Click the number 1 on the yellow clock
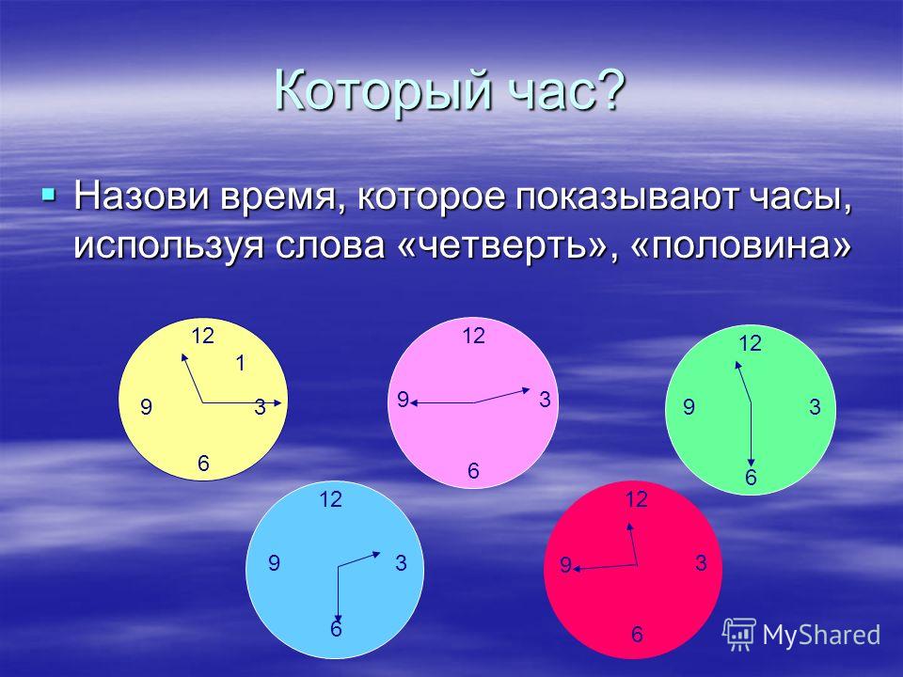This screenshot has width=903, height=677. pos(241,363)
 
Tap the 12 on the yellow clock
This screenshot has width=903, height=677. pos(203,336)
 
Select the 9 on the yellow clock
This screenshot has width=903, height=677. pos(147,407)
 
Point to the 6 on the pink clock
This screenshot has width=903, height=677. pos(473,471)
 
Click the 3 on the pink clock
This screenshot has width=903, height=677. pos(545,399)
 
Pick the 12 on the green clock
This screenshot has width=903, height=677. pos(751,344)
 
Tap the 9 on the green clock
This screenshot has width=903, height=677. pos(689,407)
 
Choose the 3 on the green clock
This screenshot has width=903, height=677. pos(815,407)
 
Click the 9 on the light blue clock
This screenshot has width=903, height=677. pos(274,562)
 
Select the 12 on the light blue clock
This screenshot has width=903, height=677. pos(330,499)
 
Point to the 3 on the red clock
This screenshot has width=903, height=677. pos(700,562)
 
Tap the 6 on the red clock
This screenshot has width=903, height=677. pos(637,635)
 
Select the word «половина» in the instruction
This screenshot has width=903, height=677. pos(740,245)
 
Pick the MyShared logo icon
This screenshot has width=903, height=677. pos(739,635)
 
